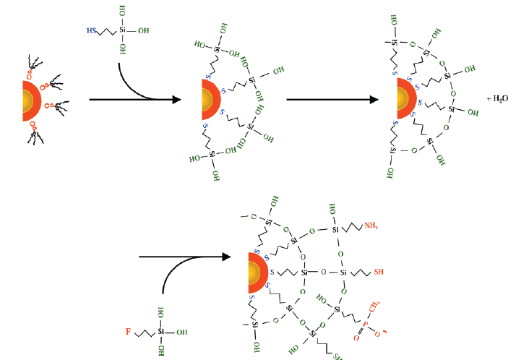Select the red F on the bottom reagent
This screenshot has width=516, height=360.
click(128, 334)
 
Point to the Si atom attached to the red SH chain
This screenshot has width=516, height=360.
click(344, 273)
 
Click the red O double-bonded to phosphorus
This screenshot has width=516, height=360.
click(359, 337)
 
